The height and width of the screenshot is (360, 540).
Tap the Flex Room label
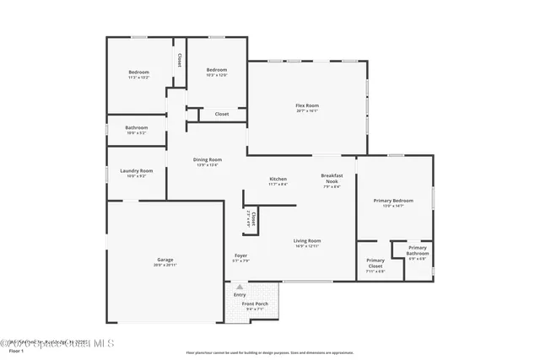pyautogui.click(x=307, y=105)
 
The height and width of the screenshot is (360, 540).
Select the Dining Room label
pyautogui.click(x=208, y=159)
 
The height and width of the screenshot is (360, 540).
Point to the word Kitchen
pyautogui.click(x=278, y=179)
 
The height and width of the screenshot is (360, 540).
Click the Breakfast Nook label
pyautogui.click(x=331, y=178)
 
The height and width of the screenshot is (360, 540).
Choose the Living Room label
pyautogui.click(x=307, y=241)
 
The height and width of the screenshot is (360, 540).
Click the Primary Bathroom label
pyautogui.click(x=418, y=250)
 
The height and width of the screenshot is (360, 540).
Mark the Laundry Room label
pyautogui.click(x=136, y=170)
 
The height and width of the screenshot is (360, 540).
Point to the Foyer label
pyautogui.click(x=241, y=255)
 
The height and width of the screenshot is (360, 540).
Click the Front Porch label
pyautogui.click(x=255, y=304)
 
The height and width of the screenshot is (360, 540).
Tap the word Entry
pyautogui.click(x=240, y=294)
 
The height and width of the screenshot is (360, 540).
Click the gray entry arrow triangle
pyautogui.click(x=240, y=287)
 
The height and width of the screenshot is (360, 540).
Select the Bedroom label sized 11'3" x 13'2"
pyautogui.click(x=138, y=72)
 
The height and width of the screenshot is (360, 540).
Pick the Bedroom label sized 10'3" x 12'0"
pyautogui.click(x=217, y=70)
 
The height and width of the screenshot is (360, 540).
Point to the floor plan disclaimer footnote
pyautogui.click(x=269, y=352)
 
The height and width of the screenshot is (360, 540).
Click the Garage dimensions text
pyautogui.click(x=165, y=265)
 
